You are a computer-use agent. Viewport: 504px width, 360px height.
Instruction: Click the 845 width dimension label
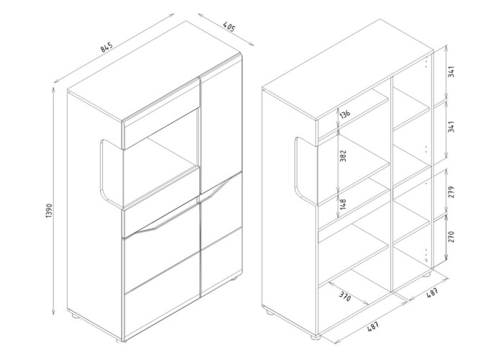107,47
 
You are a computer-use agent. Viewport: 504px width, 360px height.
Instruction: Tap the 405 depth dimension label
229,27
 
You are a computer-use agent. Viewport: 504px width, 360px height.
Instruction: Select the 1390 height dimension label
49,211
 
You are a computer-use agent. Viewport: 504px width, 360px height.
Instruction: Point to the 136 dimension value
345,114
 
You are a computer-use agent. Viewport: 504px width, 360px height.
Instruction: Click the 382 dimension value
343,156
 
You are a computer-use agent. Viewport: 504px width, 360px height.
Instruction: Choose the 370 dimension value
345,296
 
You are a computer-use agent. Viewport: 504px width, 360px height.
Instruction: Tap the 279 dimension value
451,192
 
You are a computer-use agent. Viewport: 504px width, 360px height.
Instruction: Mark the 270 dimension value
451,237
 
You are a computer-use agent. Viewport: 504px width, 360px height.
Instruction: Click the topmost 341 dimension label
451,72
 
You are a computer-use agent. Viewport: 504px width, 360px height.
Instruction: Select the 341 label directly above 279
451,127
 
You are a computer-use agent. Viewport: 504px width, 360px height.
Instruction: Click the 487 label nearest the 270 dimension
432,292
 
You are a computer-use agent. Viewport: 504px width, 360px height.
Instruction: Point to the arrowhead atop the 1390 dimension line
53,89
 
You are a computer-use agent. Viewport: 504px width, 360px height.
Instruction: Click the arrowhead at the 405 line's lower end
251,44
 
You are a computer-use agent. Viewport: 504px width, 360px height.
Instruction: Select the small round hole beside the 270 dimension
426,260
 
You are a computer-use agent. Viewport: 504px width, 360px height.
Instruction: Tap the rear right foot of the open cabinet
427,275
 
